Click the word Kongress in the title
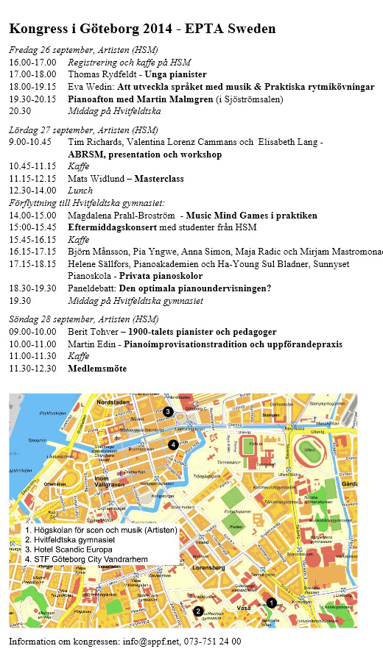coord(38,29)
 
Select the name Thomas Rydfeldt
coord(102,74)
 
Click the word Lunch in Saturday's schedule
coord(80,190)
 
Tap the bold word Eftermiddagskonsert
coord(113,227)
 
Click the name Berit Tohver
coord(95,333)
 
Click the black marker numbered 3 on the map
coord(168,411)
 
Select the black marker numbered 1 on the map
coord(271,603)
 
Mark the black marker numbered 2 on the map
coord(197,611)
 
